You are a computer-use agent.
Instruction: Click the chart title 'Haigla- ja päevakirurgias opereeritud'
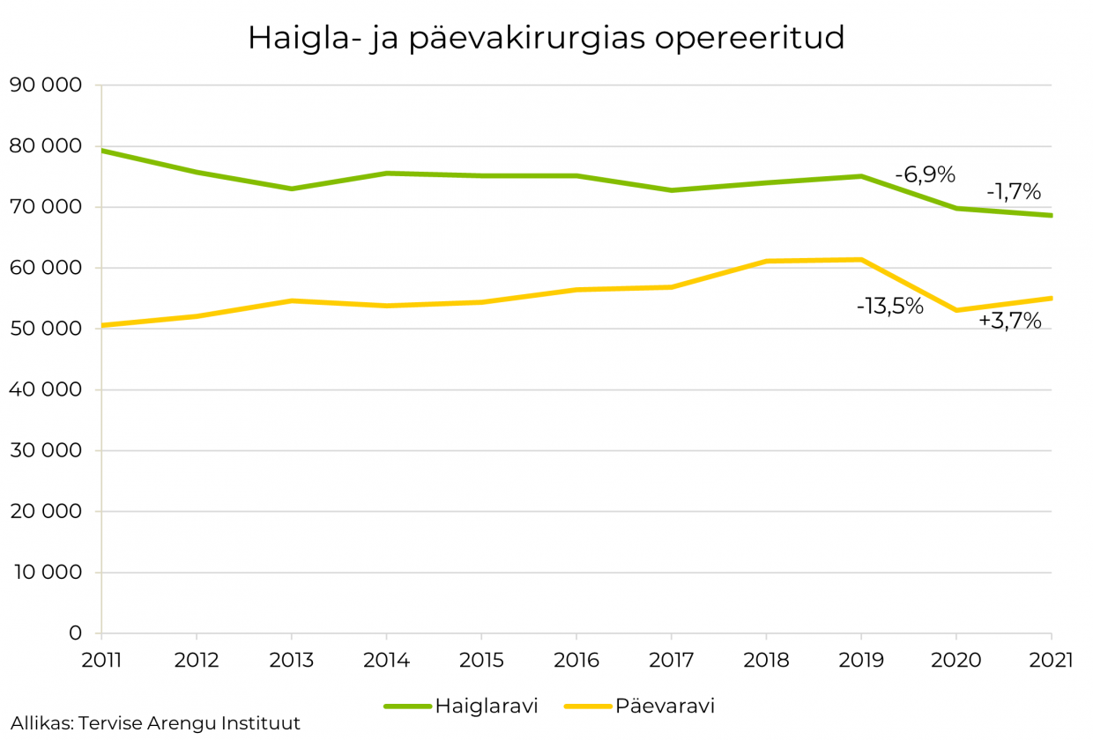[x=546, y=38]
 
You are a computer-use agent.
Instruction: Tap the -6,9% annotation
[x=925, y=174]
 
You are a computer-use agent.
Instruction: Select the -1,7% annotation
[x=1014, y=191]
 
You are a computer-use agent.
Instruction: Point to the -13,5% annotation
[x=889, y=307]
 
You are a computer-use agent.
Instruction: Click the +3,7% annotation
[x=1010, y=322]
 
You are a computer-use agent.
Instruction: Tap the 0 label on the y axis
[x=75, y=633]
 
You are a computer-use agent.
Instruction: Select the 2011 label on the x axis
[x=101, y=661]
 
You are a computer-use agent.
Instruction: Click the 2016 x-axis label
[x=576, y=661]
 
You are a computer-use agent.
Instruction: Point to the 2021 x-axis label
[x=1051, y=661]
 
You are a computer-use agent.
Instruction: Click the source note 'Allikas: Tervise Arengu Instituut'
[x=156, y=723]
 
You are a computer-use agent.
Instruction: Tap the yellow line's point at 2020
[x=956, y=310]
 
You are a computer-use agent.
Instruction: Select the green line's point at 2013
[x=292, y=189]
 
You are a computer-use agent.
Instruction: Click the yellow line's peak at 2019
[x=861, y=259]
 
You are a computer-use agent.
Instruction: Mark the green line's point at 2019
[x=861, y=176]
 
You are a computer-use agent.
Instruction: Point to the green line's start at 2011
[x=102, y=151]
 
